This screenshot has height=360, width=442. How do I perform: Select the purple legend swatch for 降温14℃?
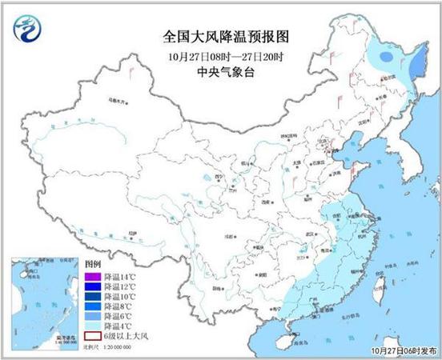pyautogui.click(x=89, y=277)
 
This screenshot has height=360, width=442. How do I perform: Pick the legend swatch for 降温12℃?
pyautogui.click(x=89, y=286)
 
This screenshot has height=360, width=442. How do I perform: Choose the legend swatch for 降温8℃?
pyautogui.click(x=89, y=306)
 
